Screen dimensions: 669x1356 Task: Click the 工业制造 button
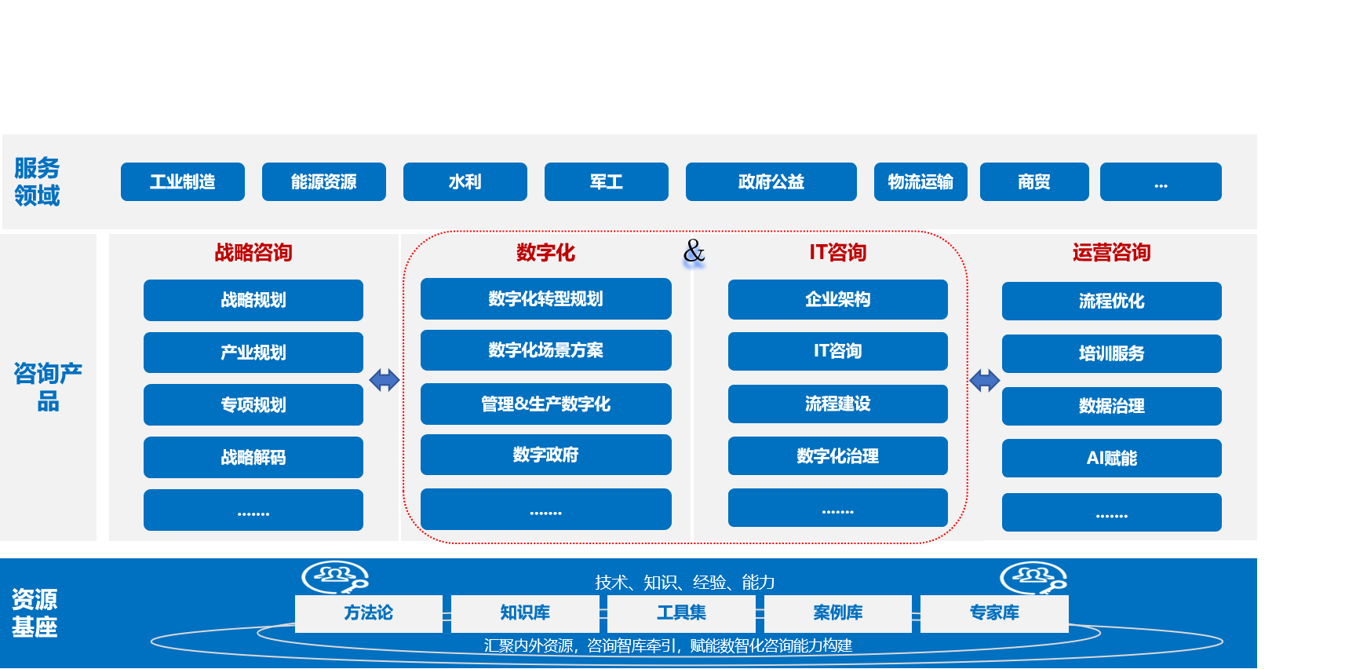(183, 182)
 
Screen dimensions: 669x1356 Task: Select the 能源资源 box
(324, 182)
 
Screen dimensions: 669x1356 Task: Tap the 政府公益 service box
(771, 182)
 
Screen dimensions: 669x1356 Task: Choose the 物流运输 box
(920, 182)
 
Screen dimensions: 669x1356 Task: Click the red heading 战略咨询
(253, 253)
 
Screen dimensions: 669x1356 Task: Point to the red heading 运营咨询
(1111, 253)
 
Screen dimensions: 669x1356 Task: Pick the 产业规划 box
(253, 353)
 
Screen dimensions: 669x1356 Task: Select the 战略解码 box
(253, 457)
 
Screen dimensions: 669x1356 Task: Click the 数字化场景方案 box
(545, 350)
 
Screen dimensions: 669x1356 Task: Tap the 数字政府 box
(545, 455)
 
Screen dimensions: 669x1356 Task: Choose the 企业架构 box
(837, 299)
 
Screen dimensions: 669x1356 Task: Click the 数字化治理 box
(837, 456)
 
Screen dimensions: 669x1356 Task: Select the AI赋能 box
(1111, 459)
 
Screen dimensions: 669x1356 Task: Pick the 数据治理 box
(1111, 406)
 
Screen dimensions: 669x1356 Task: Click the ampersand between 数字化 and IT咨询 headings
(694, 251)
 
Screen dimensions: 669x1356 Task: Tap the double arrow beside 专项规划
(385, 381)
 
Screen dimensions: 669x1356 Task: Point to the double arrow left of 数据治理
(984, 381)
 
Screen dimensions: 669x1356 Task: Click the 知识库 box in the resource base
(525, 613)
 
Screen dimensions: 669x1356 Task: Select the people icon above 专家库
(1033, 578)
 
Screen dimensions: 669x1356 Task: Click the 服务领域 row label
(37, 181)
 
